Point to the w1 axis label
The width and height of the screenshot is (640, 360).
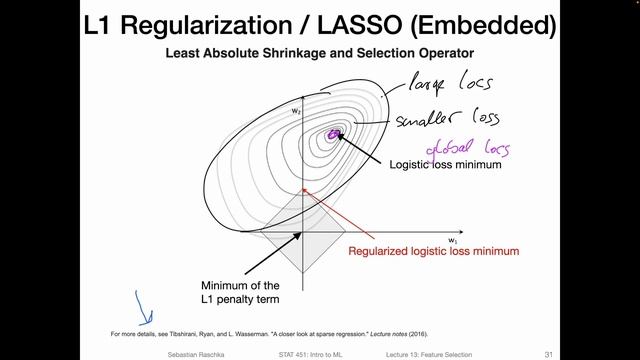tap(453, 241)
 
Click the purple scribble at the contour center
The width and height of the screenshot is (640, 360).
tap(333, 133)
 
